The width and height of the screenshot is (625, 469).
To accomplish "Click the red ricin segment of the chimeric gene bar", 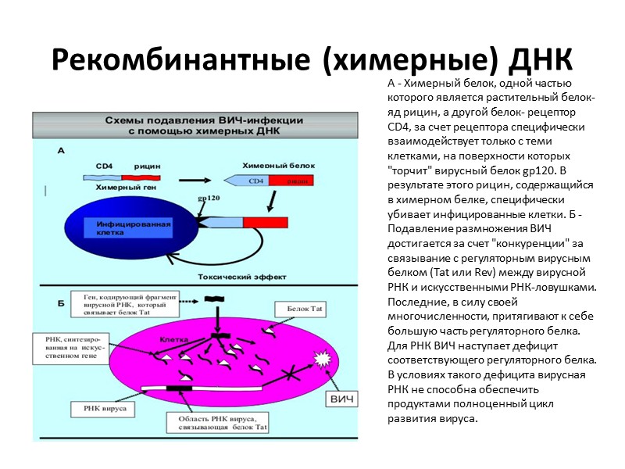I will point(136,178).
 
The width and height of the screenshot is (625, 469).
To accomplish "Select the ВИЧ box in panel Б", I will point(344,399).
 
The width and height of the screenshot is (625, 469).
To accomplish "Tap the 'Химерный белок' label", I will point(270,166).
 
